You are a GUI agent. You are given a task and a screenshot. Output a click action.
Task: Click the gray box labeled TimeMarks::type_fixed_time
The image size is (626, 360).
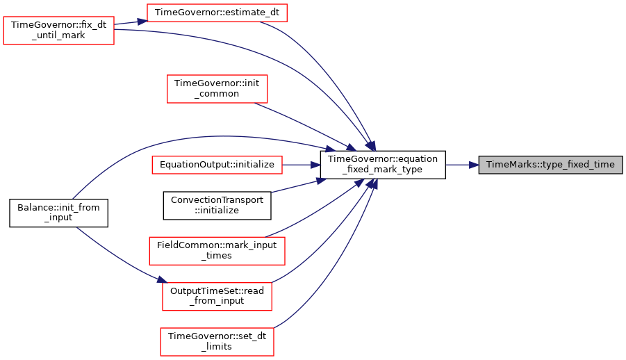[x=550, y=165]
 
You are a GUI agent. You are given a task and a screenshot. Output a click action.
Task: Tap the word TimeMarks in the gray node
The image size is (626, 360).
[x=508, y=165]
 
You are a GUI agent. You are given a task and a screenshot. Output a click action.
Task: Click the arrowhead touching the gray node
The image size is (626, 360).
[x=474, y=165]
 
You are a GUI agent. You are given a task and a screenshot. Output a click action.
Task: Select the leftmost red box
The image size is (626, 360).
[x=58, y=31]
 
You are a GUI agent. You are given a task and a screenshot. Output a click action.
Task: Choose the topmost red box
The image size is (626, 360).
[x=217, y=13]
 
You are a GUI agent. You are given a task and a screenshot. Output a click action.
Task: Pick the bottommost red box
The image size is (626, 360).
[x=217, y=342]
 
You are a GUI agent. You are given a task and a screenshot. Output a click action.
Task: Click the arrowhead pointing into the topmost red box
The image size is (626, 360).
[x=141, y=21]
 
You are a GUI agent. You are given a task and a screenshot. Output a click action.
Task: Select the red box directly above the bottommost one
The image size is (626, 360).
[x=217, y=297]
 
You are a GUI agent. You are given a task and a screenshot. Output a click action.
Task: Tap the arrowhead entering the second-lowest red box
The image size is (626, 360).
[x=161, y=279]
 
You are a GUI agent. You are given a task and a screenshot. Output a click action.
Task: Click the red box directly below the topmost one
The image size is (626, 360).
[x=217, y=89]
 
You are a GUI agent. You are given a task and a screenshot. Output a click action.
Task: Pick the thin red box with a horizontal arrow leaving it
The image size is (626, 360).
[x=217, y=165]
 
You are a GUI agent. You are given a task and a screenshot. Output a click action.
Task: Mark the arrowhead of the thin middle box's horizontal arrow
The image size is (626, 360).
[x=315, y=165]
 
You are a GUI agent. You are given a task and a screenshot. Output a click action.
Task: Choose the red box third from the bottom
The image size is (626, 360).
[x=217, y=250]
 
